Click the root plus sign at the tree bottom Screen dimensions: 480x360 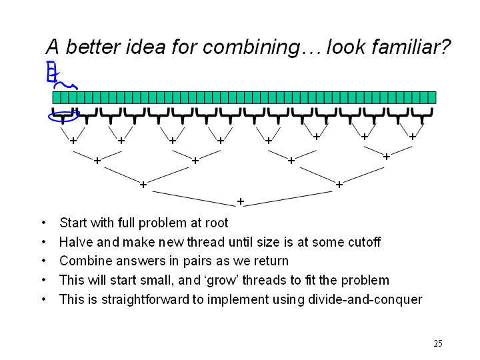[x=241, y=201]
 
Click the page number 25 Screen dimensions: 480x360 [x=438, y=343]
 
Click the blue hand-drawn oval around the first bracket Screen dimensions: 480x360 [x=64, y=121]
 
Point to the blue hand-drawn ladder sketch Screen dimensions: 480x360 [x=51, y=72]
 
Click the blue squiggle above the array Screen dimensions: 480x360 [x=65, y=85]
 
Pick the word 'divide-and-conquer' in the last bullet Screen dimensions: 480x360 [x=365, y=299]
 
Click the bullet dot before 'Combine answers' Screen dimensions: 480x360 [x=44, y=261]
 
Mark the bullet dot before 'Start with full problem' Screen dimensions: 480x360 [x=44, y=223]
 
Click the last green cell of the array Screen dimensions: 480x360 [x=432, y=97]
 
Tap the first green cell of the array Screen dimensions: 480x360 [x=57, y=97]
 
